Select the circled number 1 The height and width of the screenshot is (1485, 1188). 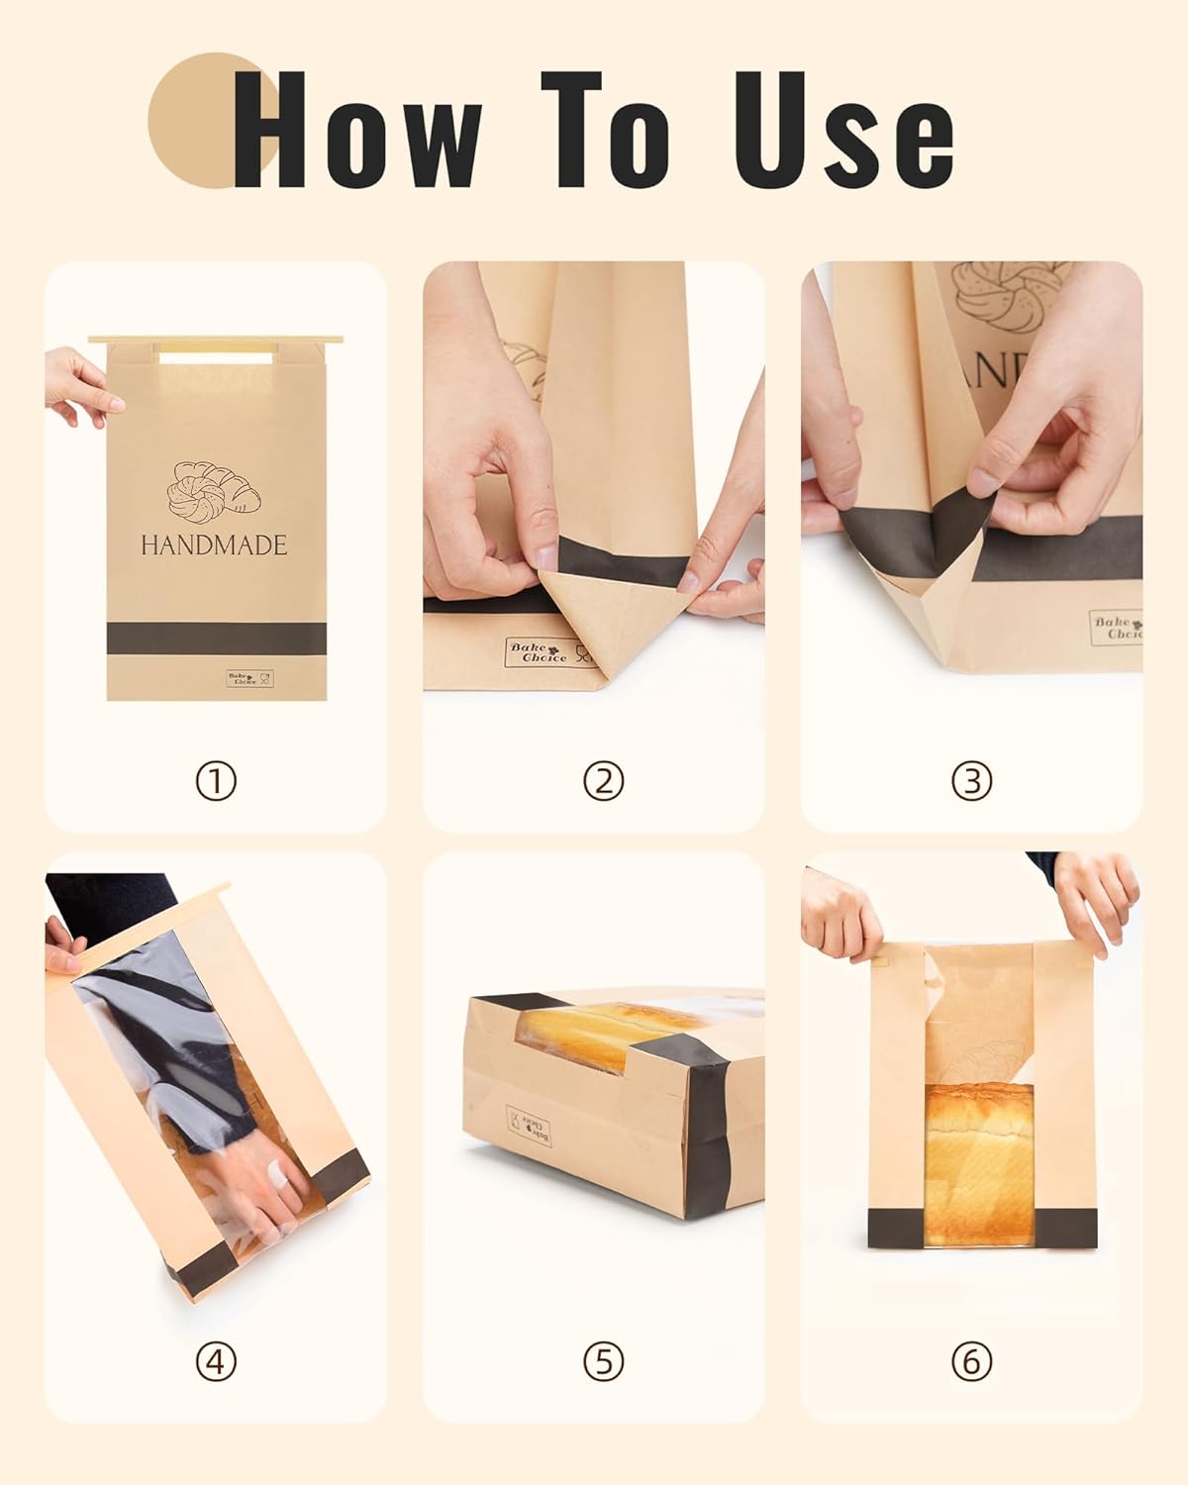216,782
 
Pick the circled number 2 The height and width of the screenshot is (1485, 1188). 603,782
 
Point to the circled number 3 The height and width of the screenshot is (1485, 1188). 971,782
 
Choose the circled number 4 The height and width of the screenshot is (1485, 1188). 216,1363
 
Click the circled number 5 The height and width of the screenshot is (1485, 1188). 603,1363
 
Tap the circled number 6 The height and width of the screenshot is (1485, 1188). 971,1363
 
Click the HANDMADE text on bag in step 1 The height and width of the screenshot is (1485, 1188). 214,545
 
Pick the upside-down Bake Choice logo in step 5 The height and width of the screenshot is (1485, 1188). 530,1126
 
